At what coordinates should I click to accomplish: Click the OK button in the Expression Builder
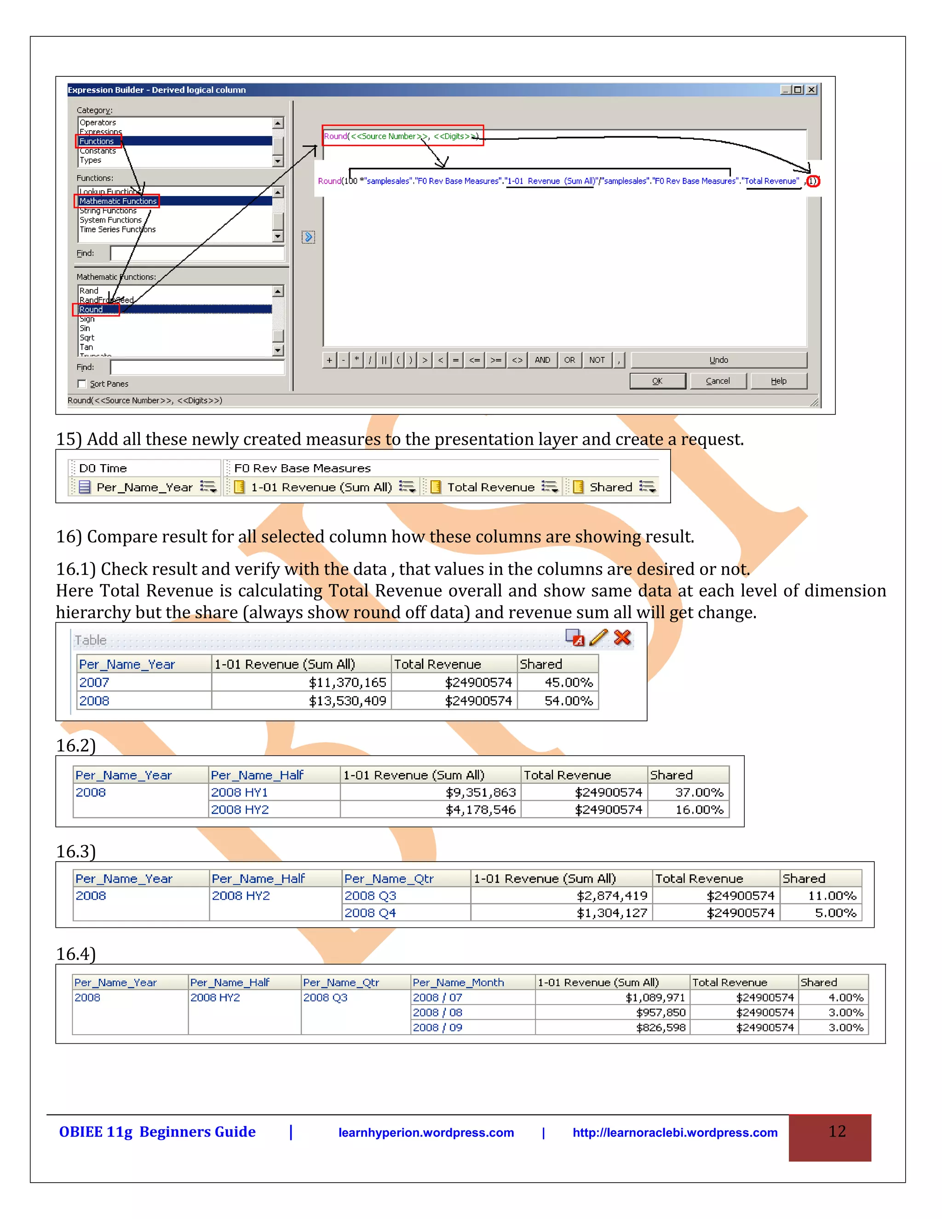pyautogui.click(x=657, y=381)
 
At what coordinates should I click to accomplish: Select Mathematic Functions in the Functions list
pyautogui.click(x=118, y=201)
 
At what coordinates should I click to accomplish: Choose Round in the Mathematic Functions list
pyautogui.click(x=91, y=310)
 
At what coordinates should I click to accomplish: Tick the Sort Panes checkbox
pyautogui.click(x=82, y=384)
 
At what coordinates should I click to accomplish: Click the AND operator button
pyautogui.click(x=542, y=360)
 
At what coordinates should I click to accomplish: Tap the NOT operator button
pyautogui.click(x=597, y=360)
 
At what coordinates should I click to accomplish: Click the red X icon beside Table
pyautogui.click(x=622, y=638)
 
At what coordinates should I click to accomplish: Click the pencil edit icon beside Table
pyautogui.click(x=598, y=638)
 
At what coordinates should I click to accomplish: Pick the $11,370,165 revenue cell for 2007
pyautogui.click(x=347, y=683)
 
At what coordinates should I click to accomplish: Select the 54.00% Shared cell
pyautogui.click(x=568, y=701)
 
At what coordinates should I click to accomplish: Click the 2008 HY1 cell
pyautogui.click(x=239, y=793)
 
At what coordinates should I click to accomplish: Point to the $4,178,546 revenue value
pyautogui.click(x=481, y=810)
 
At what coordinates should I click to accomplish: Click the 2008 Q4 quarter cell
pyautogui.click(x=370, y=913)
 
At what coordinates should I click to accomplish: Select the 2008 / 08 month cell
pyautogui.click(x=437, y=1012)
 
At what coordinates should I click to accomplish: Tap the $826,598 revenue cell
pyautogui.click(x=661, y=1028)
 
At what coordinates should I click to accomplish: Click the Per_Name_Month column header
pyautogui.click(x=458, y=983)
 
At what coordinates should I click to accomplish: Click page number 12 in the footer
pyautogui.click(x=837, y=1132)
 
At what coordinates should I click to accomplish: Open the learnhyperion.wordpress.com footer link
pyautogui.click(x=426, y=1133)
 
